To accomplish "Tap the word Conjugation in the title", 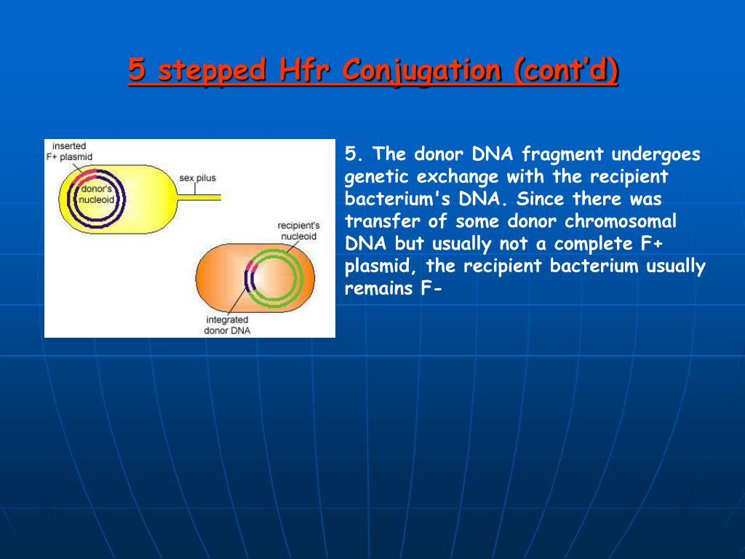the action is [x=422, y=71].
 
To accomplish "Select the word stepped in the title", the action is [x=212, y=71].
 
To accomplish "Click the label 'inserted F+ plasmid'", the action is [x=69, y=151].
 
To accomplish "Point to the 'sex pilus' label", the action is [x=197, y=178].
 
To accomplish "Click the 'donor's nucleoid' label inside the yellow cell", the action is [x=97, y=194].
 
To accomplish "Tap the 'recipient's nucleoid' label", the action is [x=298, y=231].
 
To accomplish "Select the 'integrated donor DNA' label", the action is [x=227, y=325].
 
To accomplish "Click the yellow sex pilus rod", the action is [x=199, y=197].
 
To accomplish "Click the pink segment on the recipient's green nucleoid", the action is [x=251, y=267].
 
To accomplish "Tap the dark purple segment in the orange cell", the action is [x=249, y=280].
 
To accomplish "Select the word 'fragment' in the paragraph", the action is [x=562, y=154].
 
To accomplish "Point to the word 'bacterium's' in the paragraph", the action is [x=397, y=199].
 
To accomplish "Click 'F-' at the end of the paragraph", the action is [x=431, y=288].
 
